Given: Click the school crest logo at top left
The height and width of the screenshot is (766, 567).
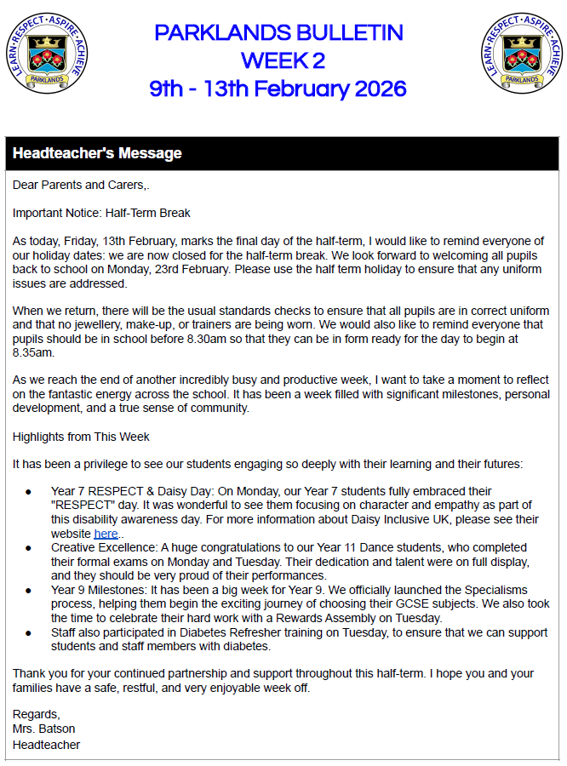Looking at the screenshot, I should pyautogui.click(x=46, y=54).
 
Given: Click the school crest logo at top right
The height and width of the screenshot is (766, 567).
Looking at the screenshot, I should pyautogui.click(x=521, y=54).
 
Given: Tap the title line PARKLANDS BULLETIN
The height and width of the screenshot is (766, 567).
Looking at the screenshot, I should pyautogui.click(x=278, y=33).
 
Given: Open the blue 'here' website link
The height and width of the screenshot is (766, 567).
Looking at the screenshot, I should pyautogui.click(x=106, y=534).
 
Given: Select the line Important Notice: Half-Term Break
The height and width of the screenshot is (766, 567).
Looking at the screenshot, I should pyautogui.click(x=101, y=213).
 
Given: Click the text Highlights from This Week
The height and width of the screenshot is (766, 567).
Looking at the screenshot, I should pyautogui.click(x=81, y=437).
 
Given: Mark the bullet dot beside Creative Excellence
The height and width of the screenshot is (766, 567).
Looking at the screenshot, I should pyautogui.click(x=28, y=548).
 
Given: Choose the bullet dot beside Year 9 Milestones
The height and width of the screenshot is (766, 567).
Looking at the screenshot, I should pyautogui.click(x=28, y=590).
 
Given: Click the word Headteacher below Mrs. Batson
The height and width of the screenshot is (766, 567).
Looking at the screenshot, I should pyautogui.click(x=46, y=745).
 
